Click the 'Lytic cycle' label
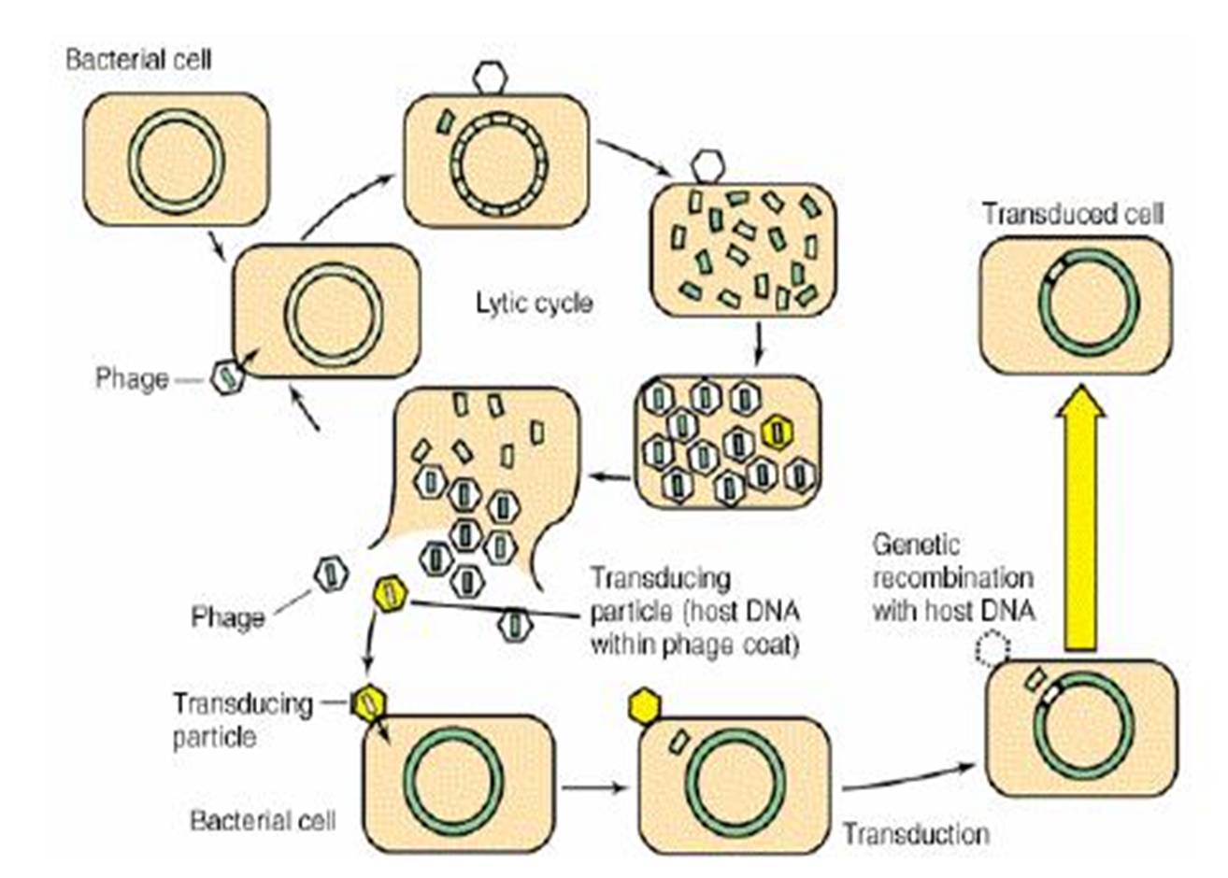(534, 304)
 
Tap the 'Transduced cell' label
(1073, 214)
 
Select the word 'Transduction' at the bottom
(915, 833)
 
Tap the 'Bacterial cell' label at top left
(138, 60)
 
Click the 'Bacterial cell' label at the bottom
(263, 820)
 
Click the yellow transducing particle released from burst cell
(389, 594)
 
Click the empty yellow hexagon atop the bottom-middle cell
(644, 707)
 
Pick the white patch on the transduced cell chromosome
(1056, 271)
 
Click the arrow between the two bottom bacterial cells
(594, 786)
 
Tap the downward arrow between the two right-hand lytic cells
(759, 344)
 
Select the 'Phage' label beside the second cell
(132, 378)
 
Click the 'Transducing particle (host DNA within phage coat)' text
(694, 612)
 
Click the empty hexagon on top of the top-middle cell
(489, 78)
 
